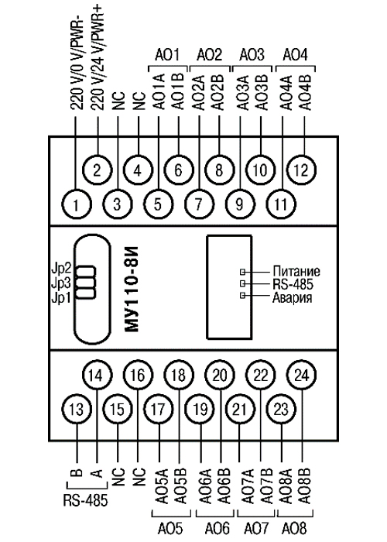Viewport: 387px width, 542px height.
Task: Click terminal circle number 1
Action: (77, 204)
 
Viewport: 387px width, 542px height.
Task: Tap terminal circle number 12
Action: (301, 170)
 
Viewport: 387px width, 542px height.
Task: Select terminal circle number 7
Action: (199, 204)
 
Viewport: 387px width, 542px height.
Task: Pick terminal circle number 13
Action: (77, 410)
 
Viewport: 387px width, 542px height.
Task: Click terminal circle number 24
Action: (301, 375)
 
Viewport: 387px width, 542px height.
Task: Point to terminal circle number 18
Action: (179, 375)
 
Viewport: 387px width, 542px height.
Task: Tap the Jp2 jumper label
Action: (61, 269)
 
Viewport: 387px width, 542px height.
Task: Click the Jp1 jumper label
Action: (61, 297)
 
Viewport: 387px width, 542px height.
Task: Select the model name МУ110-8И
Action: (132, 289)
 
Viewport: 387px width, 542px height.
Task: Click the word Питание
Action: (296, 271)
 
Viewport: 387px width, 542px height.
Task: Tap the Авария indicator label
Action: (293, 297)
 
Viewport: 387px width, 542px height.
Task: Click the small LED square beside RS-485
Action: (242, 283)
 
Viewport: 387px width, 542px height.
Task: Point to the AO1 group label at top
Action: (167, 55)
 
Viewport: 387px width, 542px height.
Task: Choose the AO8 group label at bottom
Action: (294, 528)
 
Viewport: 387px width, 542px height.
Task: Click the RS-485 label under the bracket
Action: (85, 500)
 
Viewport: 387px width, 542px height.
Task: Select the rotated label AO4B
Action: (305, 91)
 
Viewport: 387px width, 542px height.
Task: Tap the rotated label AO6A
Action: (206, 485)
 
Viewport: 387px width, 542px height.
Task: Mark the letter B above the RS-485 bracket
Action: (78, 472)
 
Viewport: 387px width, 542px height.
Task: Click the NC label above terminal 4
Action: (139, 101)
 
